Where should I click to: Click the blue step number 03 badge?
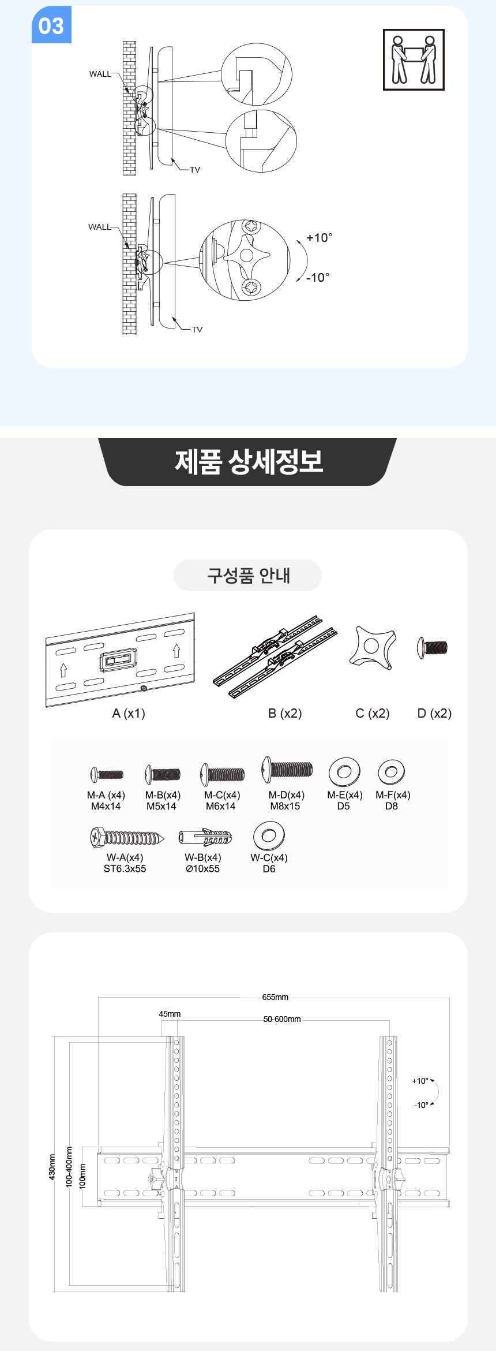51,25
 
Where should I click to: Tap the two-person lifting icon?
414,60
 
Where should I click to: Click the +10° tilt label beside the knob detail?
320,238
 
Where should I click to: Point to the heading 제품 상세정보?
249,462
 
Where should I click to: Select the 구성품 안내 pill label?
248,575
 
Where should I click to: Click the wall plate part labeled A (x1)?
120,660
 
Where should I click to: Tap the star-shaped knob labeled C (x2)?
373,647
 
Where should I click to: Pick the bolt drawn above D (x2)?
432,647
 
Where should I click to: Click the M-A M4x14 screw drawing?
107,774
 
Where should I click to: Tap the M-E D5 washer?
344,772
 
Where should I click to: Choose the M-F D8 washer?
392,771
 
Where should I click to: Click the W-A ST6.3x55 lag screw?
127,837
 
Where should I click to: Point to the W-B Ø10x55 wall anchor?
205,837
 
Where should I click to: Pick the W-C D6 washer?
269,835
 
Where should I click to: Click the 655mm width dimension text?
275,997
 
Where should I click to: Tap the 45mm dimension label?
170,1014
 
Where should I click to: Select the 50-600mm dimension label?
282,1019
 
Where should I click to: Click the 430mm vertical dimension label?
52,1167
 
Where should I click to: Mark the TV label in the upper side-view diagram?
195,170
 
